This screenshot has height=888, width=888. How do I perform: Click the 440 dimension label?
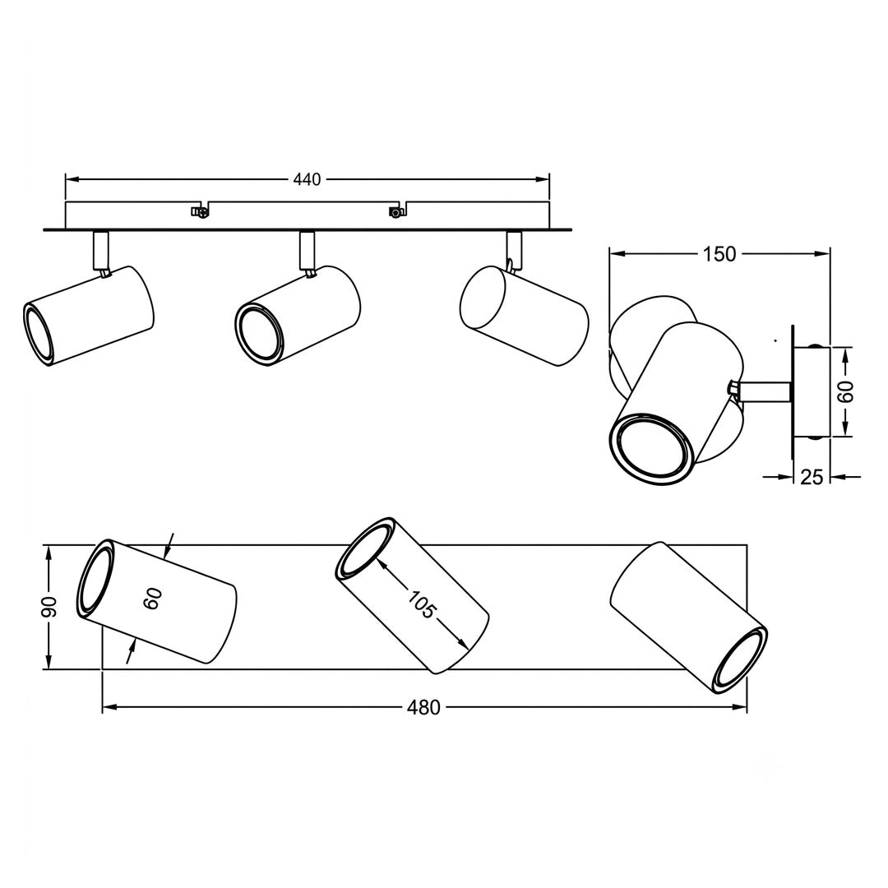click(307, 179)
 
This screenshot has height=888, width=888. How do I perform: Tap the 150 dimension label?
click(719, 255)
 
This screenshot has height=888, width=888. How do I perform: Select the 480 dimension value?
click(423, 707)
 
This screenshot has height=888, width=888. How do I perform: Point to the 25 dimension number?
click(811, 478)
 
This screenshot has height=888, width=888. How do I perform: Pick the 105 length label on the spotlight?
click(421, 604)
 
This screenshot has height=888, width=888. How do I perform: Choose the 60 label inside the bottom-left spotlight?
click(154, 599)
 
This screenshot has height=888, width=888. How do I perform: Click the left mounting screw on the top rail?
click(199, 212)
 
